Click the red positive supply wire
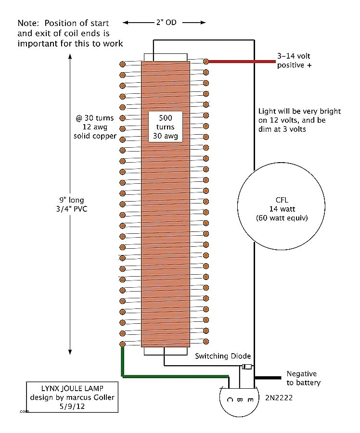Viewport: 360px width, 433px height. [241, 62]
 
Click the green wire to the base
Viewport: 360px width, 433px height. [173, 376]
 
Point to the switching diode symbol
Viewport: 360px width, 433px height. [247, 367]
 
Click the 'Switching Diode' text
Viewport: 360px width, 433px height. [223, 356]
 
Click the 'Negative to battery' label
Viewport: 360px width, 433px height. [303, 378]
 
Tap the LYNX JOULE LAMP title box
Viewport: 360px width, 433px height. [72, 397]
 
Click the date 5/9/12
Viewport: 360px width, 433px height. [72, 406]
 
